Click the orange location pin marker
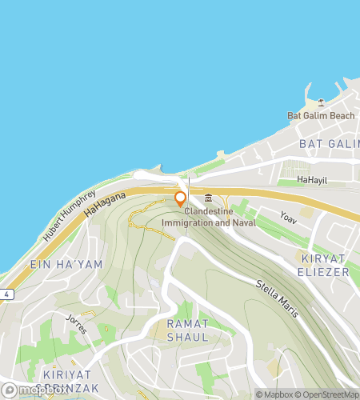pyautogui.click(x=181, y=199)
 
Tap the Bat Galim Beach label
pyautogui.click(x=320, y=115)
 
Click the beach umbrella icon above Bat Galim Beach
pyautogui.click(x=321, y=102)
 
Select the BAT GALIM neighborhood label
pyautogui.click(x=328, y=143)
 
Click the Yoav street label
pyautogui.click(x=288, y=215)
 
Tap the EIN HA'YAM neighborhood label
pyautogui.click(x=57, y=264)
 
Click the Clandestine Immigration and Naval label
pyautogui.click(x=220, y=218)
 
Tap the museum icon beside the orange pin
pyautogui.click(x=208, y=198)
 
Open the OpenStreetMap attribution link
pyautogui.click(x=327, y=394)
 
